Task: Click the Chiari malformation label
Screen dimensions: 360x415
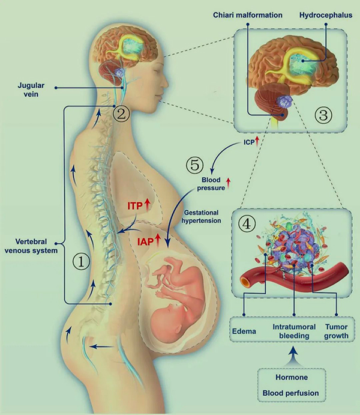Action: click(248, 15)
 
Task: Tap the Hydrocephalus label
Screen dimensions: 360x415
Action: click(326, 15)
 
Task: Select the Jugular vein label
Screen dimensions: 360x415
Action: click(31, 89)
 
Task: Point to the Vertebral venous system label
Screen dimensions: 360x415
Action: click(31, 246)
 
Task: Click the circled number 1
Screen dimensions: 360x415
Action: click(81, 261)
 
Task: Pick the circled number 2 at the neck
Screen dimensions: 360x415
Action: click(121, 114)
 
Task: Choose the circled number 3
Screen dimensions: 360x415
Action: click(323, 115)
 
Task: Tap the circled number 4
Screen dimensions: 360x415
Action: click(247, 224)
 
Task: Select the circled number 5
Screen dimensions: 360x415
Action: click(195, 165)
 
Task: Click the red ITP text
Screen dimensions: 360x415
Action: click(135, 206)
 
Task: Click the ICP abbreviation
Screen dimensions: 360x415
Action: click(249, 142)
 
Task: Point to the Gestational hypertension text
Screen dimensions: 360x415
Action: click(202, 216)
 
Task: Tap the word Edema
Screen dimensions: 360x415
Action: click(244, 332)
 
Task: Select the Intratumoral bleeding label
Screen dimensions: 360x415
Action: click(294, 331)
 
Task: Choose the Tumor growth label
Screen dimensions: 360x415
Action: click(336, 331)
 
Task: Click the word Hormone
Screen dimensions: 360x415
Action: click(292, 377)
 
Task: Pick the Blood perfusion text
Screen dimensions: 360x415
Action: click(291, 393)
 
